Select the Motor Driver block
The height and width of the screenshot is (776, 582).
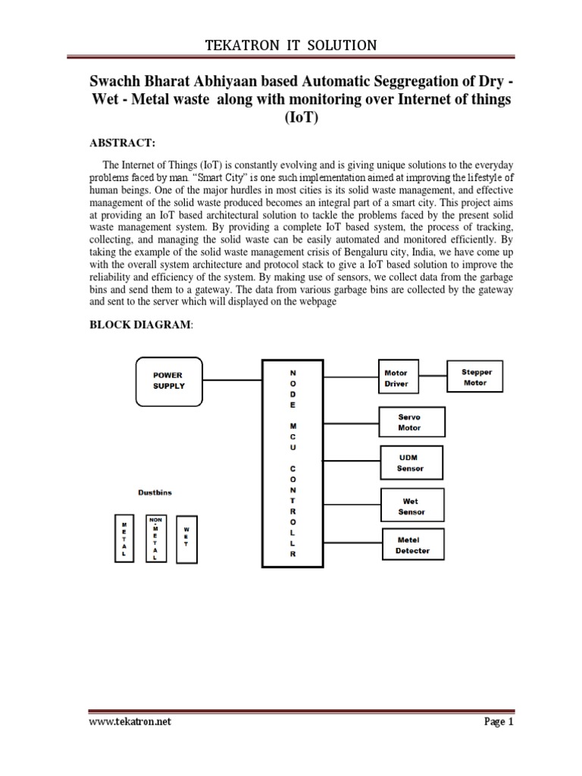(x=396, y=378)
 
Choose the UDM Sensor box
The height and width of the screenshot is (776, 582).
(x=411, y=463)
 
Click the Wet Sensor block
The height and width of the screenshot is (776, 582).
(x=411, y=506)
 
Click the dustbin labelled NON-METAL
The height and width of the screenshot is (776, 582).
(x=155, y=539)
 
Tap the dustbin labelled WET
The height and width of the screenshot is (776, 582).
(x=186, y=540)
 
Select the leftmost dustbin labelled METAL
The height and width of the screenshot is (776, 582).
(x=123, y=540)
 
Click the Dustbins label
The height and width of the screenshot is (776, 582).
(x=155, y=493)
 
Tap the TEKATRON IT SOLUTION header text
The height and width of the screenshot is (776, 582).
(x=291, y=45)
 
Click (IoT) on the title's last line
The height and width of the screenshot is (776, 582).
(x=291, y=119)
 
